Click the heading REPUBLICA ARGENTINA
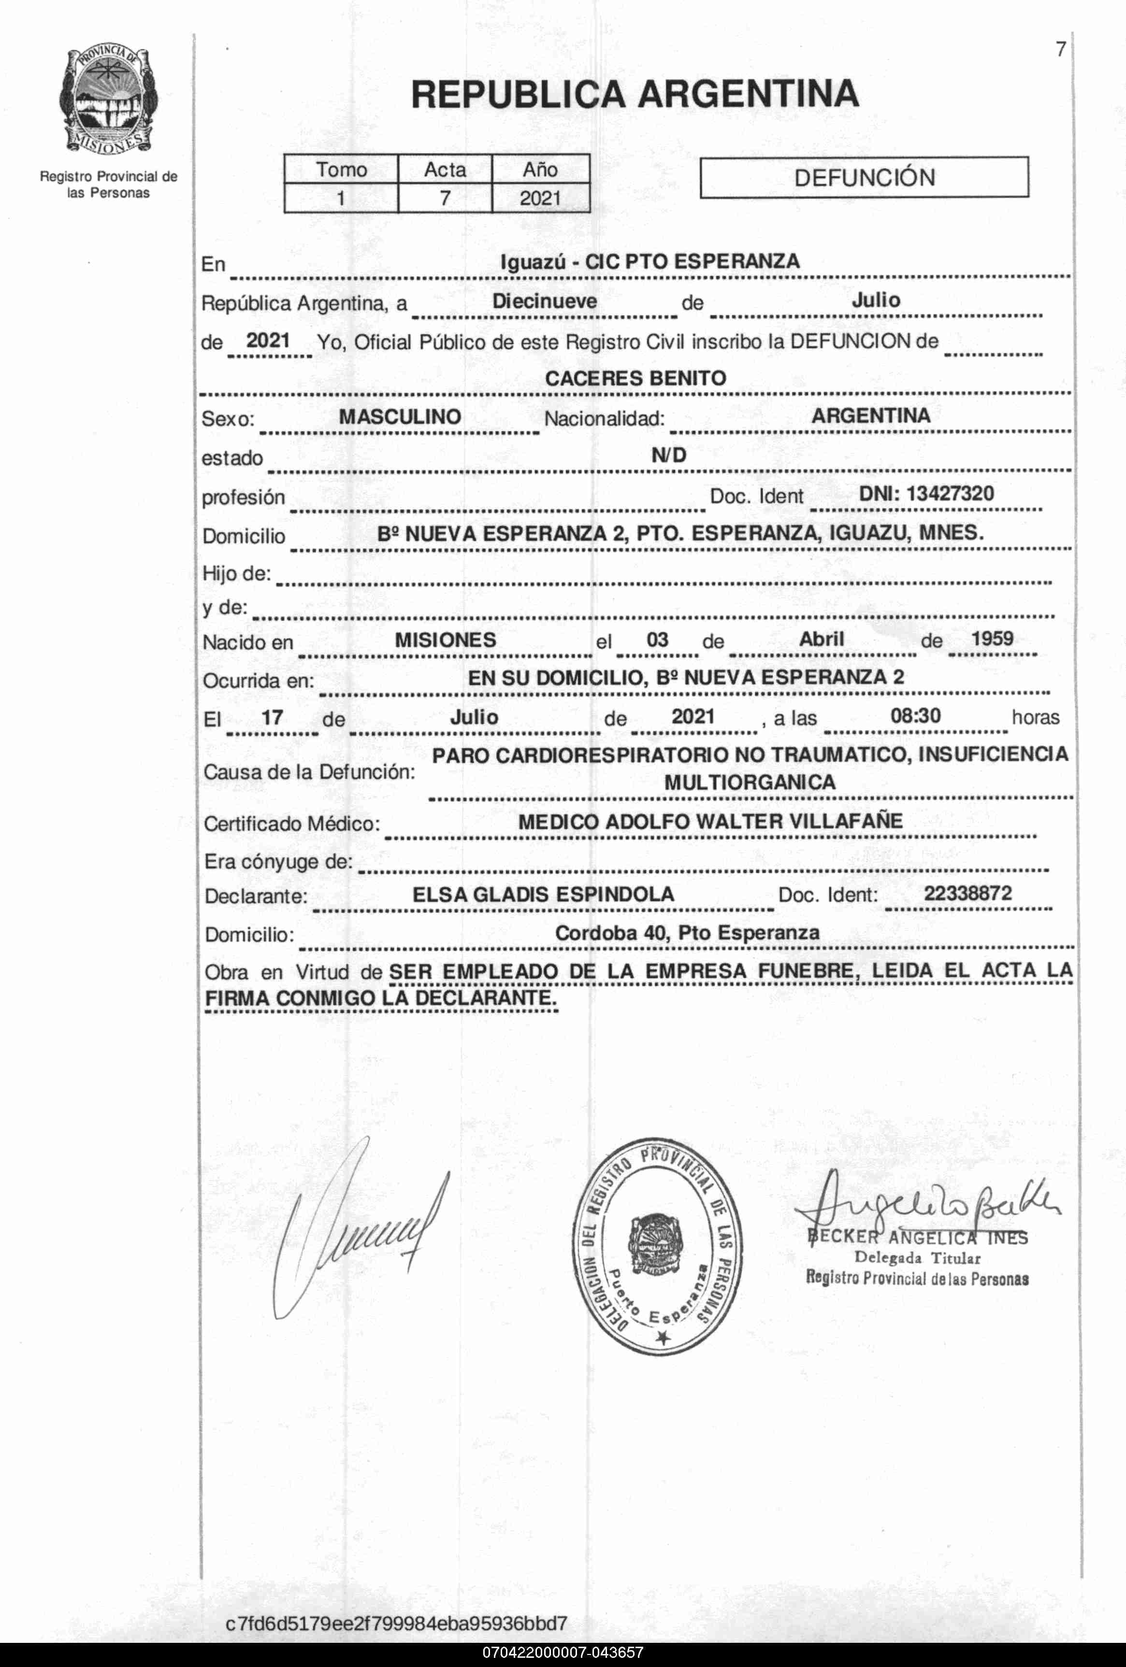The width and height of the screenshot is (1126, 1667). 635,94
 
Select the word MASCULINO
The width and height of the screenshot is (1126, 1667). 400,417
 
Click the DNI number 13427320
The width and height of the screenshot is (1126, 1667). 950,494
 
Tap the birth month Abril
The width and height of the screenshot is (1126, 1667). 821,639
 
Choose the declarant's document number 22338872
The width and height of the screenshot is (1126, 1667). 967,893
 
